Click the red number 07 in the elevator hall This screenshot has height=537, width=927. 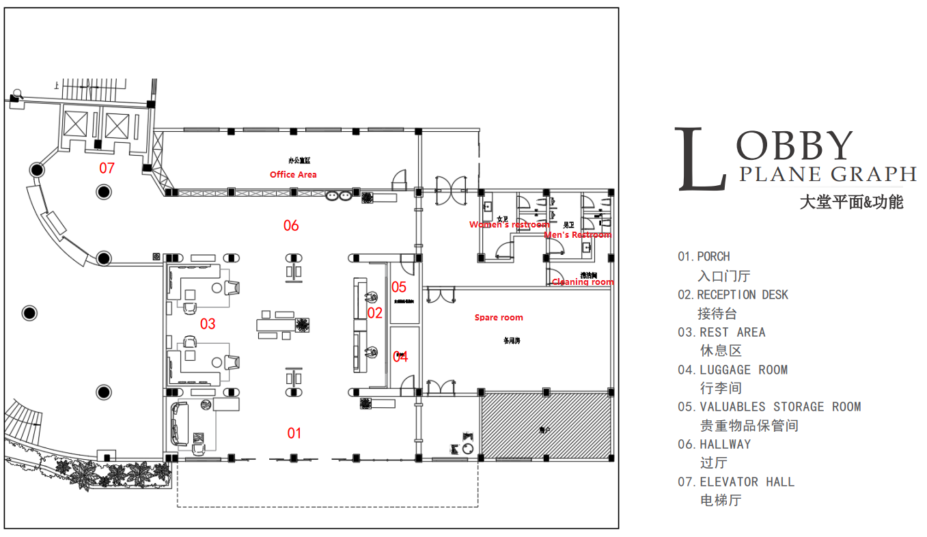tap(107, 168)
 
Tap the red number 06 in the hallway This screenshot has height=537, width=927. tap(291, 225)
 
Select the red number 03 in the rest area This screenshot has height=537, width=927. tap(208, 324)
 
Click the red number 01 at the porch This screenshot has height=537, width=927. tap(294, 433)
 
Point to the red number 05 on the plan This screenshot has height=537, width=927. tap(399, 288)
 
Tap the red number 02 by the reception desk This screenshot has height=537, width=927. tap(375, 314)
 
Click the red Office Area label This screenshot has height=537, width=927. tap(293, 175)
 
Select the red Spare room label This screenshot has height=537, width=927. tap(499, 318)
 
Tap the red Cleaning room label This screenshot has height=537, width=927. tap(583, 282)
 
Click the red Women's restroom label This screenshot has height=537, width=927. tap(509, 225)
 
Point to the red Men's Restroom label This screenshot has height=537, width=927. tap(577, 235)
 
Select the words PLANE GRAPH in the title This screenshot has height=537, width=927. tap(827, 175)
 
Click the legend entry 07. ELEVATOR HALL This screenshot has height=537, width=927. tap(736, 482)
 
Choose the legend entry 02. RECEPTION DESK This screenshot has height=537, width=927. tap(732, 295)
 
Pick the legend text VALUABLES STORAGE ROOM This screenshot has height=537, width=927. tap(780, 407)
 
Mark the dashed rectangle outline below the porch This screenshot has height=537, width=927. tap(327, 506)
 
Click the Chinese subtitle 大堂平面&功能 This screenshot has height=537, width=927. tap(851, 203)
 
